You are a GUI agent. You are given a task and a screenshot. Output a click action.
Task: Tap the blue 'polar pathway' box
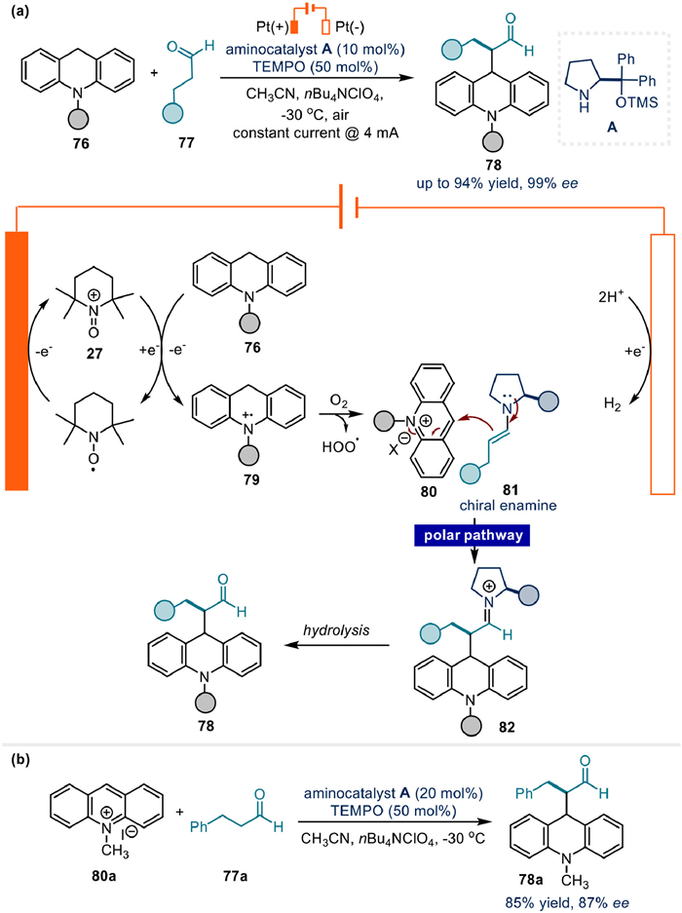472,535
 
